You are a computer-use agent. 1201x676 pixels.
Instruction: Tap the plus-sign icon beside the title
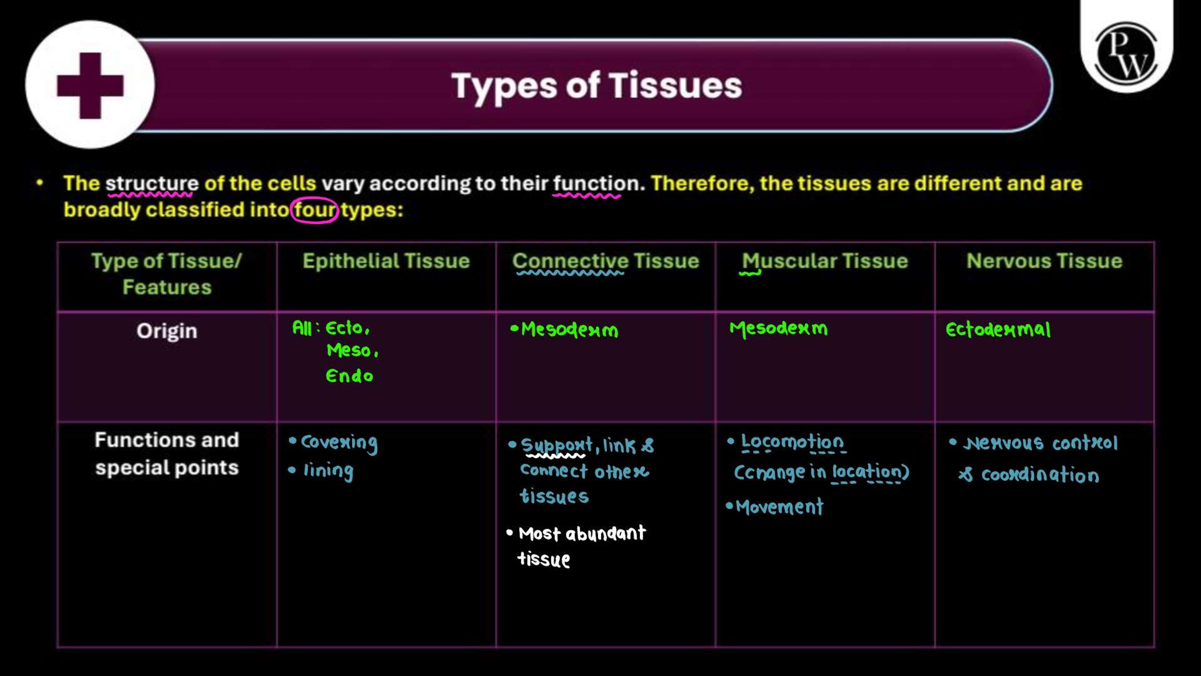90,85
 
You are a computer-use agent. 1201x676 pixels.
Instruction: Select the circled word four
314,210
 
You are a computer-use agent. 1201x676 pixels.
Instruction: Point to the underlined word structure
152,184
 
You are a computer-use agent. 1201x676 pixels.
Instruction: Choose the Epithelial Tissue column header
386,261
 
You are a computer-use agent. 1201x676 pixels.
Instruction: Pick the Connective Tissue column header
606,261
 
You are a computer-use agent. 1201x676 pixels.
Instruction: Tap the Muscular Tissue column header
825,261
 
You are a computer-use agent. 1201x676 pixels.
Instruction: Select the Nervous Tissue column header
1044,261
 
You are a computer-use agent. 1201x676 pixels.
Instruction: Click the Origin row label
167,331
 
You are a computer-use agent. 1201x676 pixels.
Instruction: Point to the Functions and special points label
167,454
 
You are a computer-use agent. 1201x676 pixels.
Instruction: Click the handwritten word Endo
350,376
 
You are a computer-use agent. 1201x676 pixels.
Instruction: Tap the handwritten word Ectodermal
998,330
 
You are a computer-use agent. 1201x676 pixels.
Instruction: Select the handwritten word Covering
339,443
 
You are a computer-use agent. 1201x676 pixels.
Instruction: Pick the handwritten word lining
328,471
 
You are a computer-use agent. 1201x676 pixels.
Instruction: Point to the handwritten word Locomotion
792,442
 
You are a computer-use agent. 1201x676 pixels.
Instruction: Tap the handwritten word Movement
779,507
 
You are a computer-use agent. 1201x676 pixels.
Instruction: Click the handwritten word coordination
1040,475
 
